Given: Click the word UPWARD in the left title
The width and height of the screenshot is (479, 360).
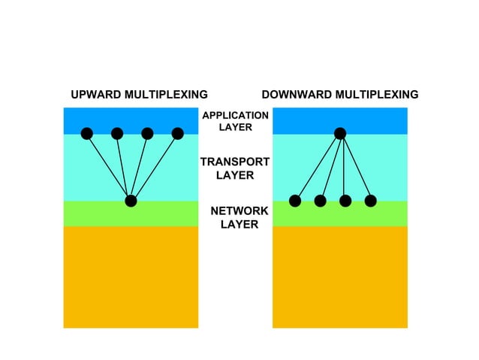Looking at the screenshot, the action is (96, 95).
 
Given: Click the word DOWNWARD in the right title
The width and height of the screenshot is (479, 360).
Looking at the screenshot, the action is (297, 95).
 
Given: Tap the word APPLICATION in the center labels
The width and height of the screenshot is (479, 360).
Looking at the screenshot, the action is (235, 116).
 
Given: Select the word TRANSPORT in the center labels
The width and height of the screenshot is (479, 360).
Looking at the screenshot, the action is (235, 162).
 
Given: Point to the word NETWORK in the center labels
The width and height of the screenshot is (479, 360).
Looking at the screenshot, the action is (239, 211).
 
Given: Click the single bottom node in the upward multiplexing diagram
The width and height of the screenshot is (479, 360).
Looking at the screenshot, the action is (131, 201).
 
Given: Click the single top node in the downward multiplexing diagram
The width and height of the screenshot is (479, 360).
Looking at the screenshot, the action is (340, 134).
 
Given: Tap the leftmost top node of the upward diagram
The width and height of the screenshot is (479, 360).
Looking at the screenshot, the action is (87, 134).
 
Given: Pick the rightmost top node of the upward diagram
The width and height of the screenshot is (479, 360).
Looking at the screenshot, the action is (177, 134).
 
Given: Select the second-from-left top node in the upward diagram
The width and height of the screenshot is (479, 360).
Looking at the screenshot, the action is (117, 134).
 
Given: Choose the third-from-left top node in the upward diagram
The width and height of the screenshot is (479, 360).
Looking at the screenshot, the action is (147, 134).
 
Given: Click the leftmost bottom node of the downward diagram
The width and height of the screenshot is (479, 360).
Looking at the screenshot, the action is (295, 201).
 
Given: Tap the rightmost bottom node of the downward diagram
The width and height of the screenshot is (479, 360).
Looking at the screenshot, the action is (371, 201).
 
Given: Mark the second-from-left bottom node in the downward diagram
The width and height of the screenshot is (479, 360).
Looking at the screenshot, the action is (320, 201).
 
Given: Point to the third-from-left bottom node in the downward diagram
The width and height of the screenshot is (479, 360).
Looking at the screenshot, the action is (345, 201).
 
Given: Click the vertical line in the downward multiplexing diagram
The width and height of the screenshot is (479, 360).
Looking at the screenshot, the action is (344, 168).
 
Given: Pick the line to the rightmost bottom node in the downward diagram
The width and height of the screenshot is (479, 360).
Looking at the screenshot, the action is (356, 168).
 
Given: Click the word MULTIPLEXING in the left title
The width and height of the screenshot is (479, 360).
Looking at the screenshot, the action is (166, 95).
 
